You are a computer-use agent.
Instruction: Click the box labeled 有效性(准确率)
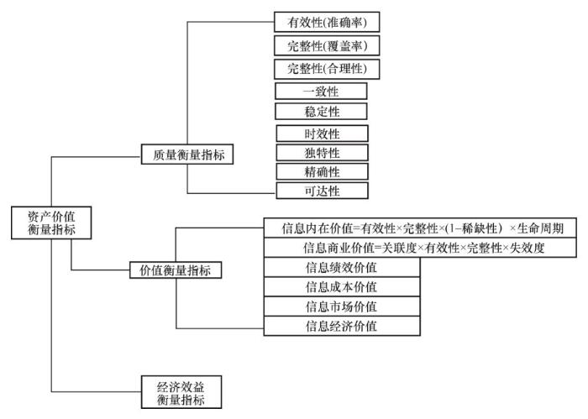[x=322, y=21]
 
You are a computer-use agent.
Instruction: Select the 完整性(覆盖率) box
[x=322, y=45]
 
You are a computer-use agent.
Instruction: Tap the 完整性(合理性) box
[x=322, y=68]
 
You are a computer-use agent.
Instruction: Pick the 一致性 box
[x=310, y=90]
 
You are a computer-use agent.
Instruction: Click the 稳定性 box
[x=310, y=111]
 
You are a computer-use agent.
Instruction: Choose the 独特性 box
[x=310, y=152]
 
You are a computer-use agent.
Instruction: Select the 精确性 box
[x=310, y=170]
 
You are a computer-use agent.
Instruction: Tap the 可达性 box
[x=310, y=191]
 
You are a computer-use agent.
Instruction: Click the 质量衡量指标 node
[x=187, y=155]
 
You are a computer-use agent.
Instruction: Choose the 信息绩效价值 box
[x=341, y=269]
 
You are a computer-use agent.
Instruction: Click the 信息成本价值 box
[x=341, y=288]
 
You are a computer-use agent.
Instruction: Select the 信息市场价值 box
[x=341, y=307]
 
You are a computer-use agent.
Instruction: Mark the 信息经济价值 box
[x=341, y=327]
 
